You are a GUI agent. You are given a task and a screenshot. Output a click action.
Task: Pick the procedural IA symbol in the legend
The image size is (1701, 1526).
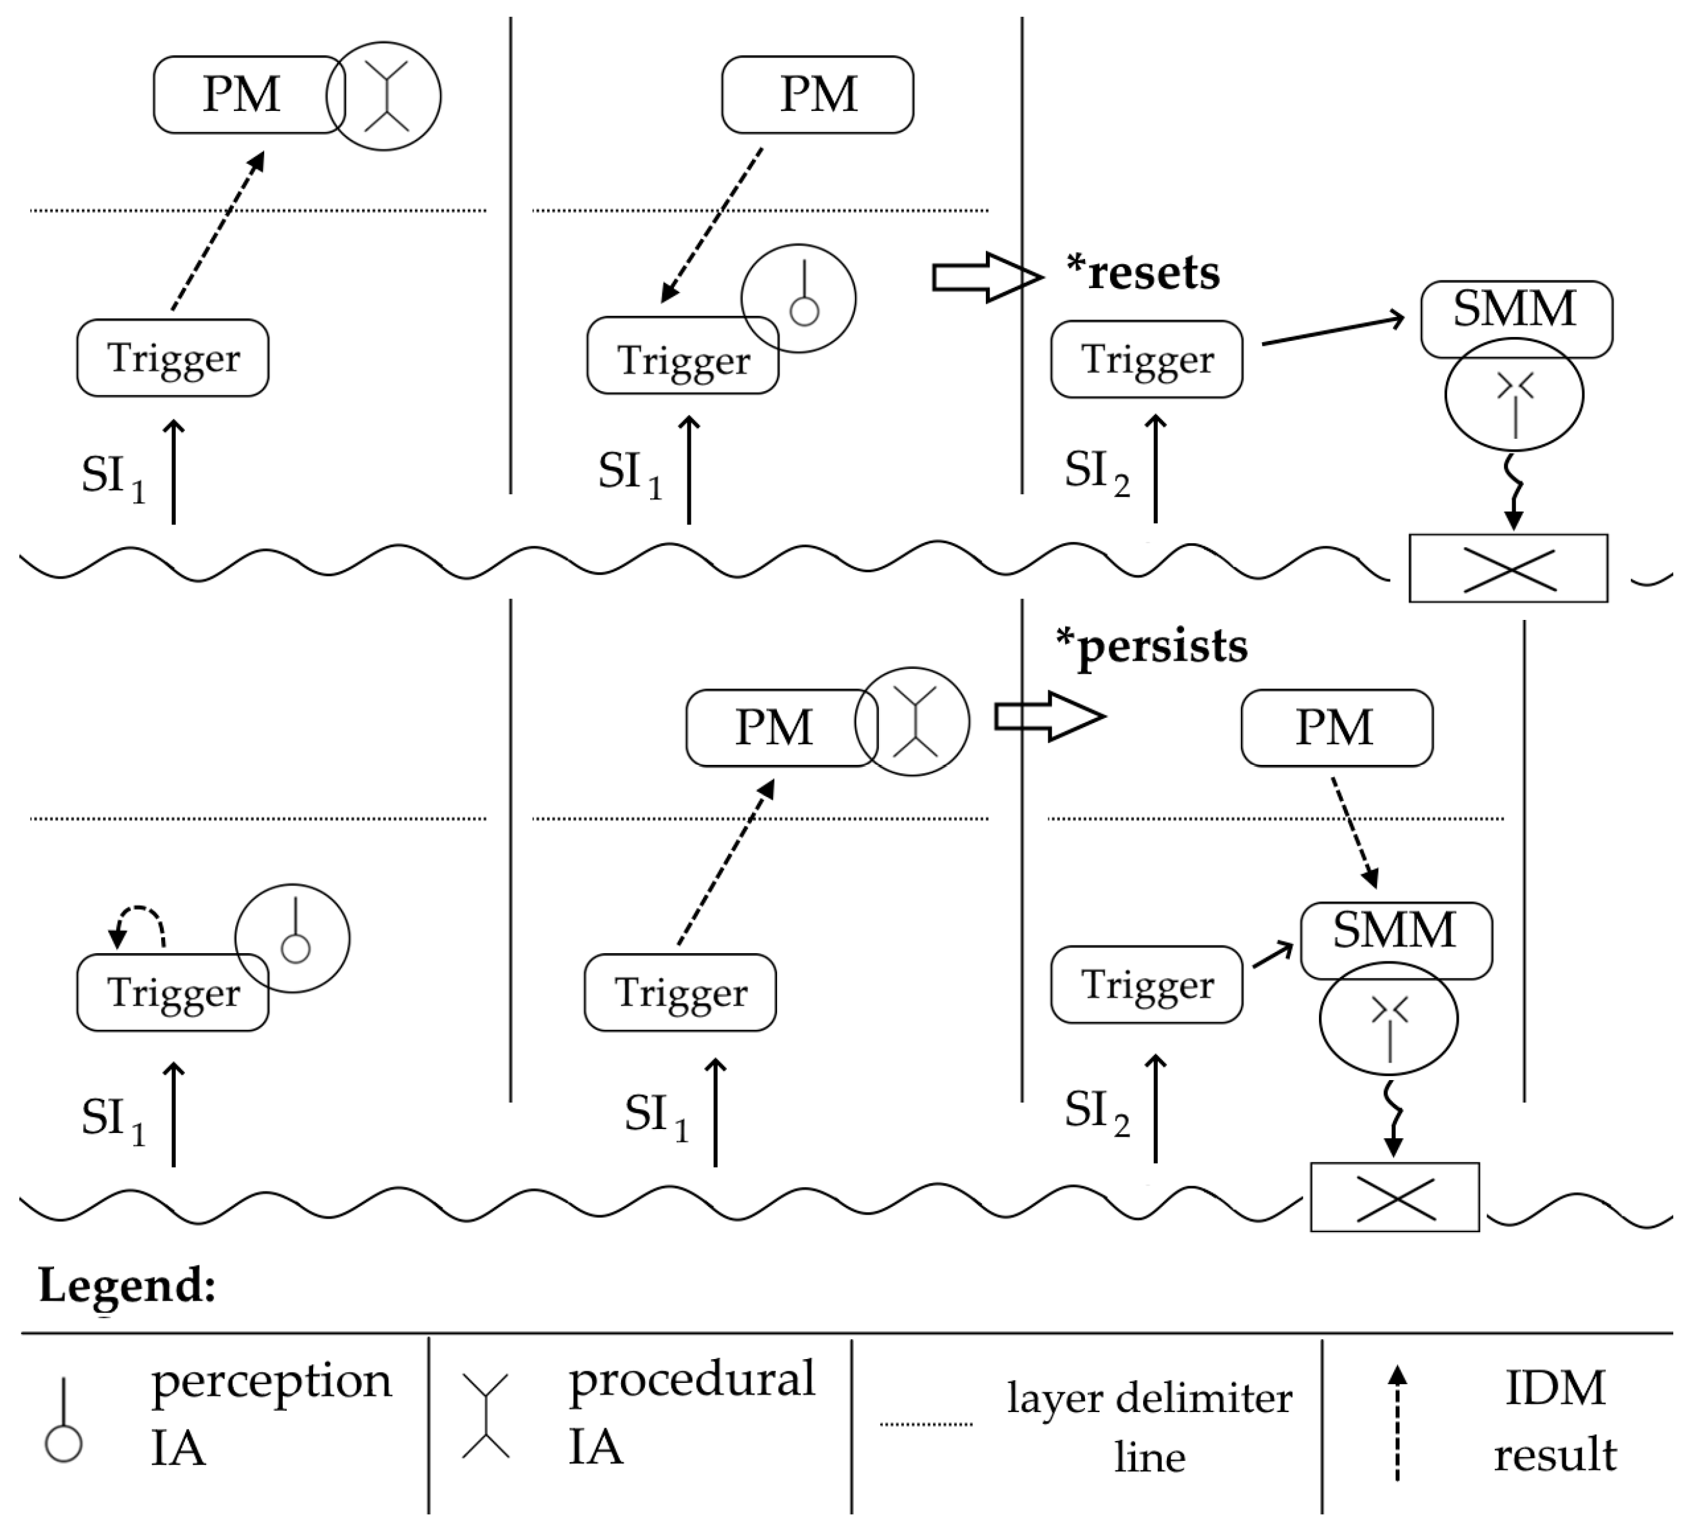tap(485, 1415)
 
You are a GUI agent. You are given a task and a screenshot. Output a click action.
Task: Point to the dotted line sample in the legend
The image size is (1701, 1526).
tap(925, 1424)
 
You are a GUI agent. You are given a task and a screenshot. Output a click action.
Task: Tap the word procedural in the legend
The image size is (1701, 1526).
tap(691, 1384)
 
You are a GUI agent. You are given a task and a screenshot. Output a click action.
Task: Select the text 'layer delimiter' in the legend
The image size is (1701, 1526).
tap(1149, 1398)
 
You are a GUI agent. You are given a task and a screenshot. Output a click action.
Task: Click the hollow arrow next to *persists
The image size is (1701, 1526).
tap(1050, 717)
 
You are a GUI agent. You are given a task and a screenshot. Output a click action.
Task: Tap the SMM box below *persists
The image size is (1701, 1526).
tap(1396, 941)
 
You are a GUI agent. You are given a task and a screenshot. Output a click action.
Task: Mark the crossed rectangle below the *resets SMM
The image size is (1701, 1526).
tap(1508, 568)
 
